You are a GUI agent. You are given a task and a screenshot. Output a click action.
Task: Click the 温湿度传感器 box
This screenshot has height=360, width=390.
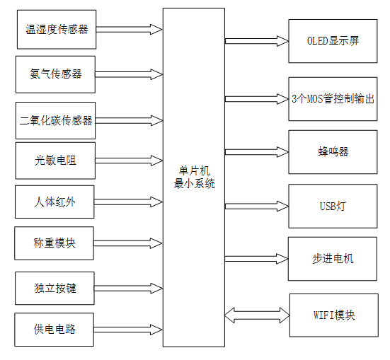pyautogui.click(x=56, y=29)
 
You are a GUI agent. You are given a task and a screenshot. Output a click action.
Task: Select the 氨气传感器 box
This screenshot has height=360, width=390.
pyautogui.click(x=56, y=74)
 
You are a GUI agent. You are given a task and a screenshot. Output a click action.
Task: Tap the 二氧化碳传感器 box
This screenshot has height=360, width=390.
pyautogui.click(x=56, y=120)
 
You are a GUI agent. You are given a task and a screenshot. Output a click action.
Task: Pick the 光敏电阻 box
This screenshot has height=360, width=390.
pyautogui.click(x=55, y=161)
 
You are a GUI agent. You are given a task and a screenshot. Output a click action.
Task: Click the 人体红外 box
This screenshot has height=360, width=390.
pyautogui.click(x=55, y=202)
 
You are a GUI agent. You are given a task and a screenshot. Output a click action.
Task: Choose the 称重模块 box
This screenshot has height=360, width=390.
pyautogui.click(x=55, y=244)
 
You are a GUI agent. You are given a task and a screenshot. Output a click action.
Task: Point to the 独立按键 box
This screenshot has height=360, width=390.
pyautogui.click(x=55, y=288)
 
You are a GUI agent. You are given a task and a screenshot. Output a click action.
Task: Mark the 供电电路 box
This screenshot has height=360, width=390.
pyautogui.click(x=55, y=330)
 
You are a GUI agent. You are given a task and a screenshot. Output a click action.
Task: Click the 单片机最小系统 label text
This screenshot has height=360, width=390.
pyautogui.click(x=194, y=178)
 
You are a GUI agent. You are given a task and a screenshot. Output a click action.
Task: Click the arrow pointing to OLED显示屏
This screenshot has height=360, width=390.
pyautogui.click(x=256, y=41)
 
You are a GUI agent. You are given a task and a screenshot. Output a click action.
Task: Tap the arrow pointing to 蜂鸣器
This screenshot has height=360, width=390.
pyautogui.click(x=256, y=151)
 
